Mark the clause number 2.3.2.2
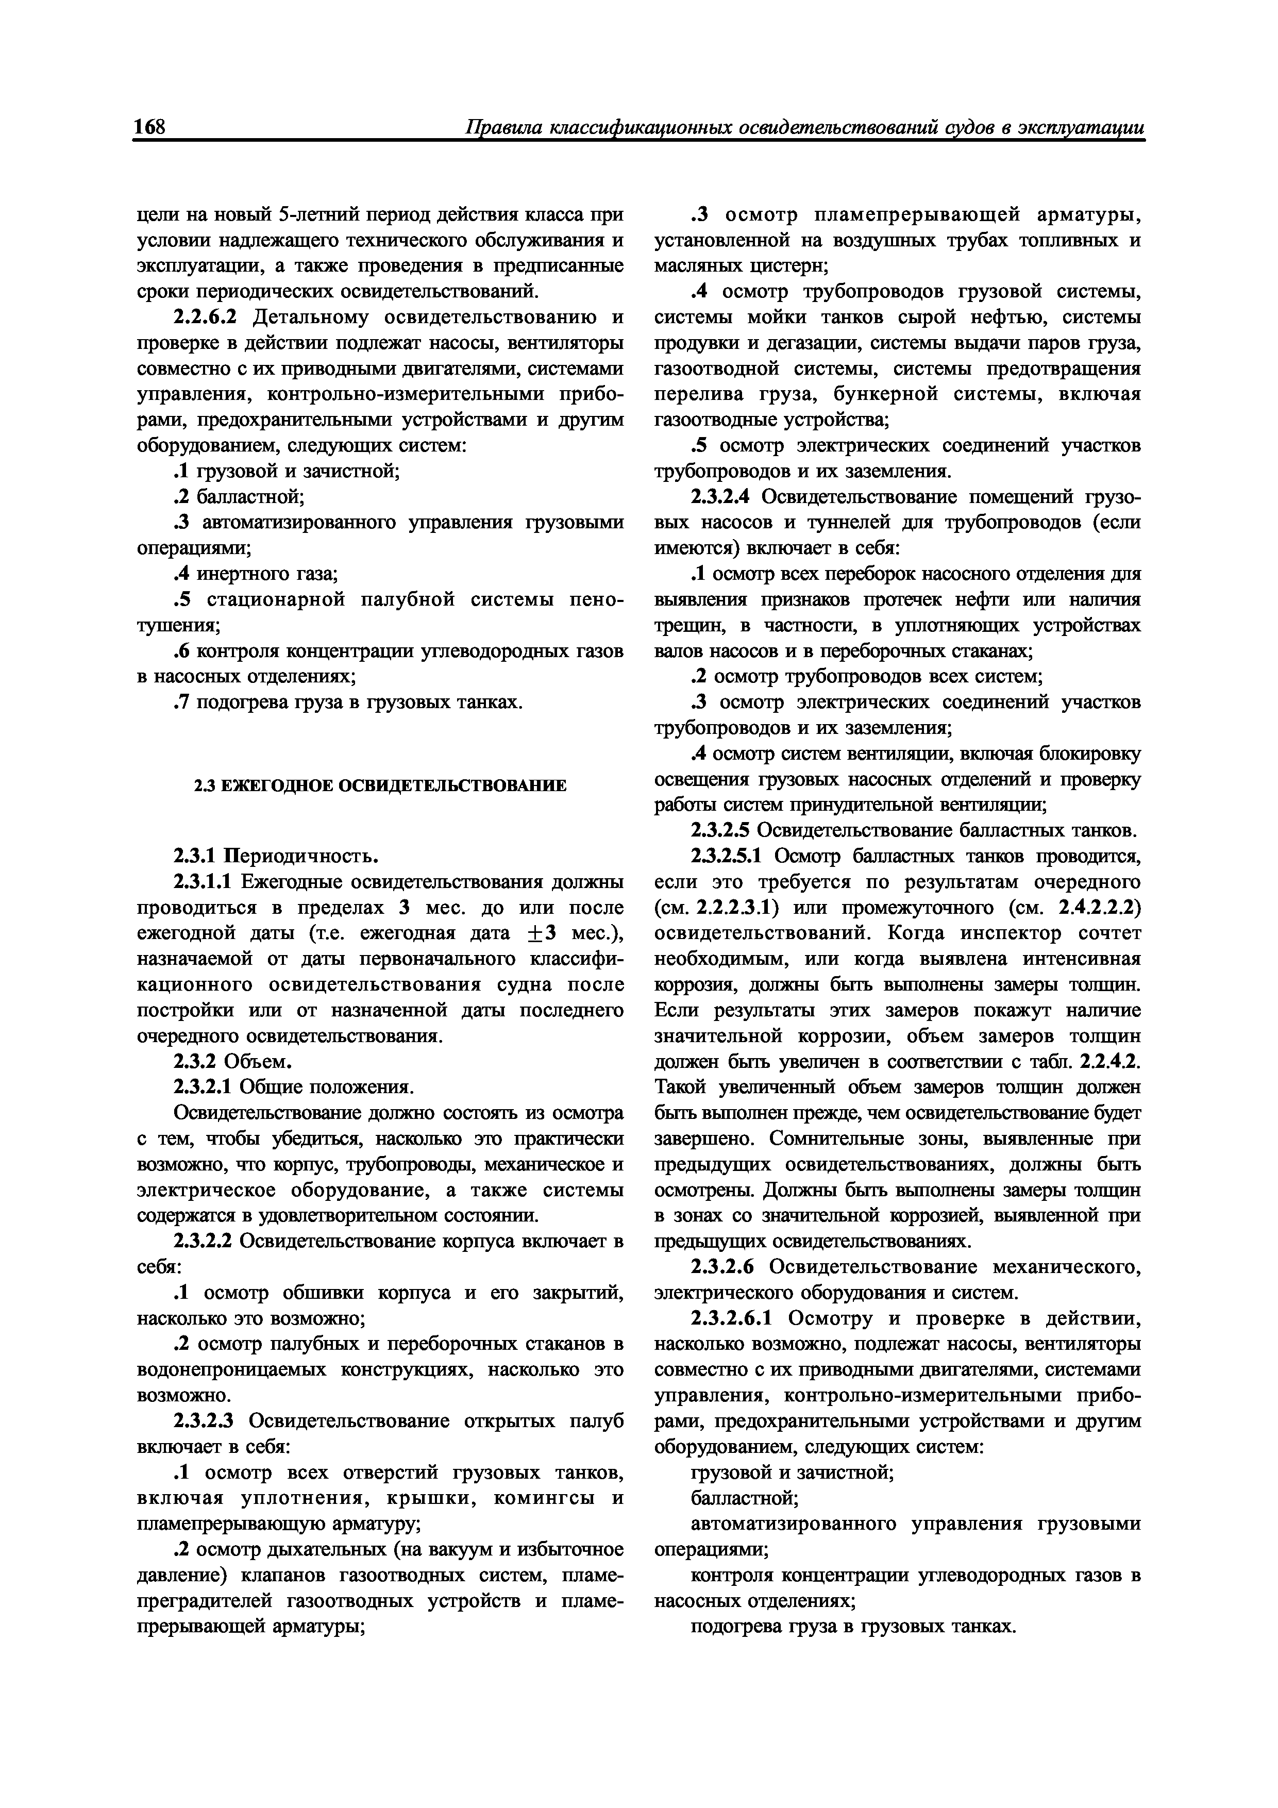coord(203,1241)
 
